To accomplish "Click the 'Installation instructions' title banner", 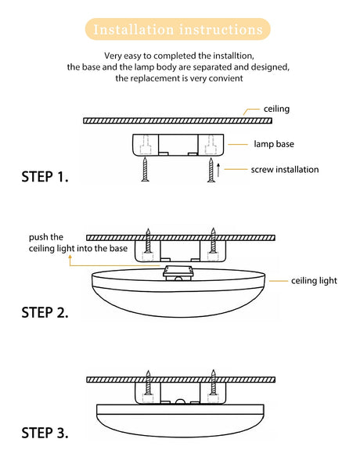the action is tap(178, 29).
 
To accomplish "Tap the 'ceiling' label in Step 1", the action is tap(276, 109).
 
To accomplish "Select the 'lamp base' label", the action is tap(274, 144).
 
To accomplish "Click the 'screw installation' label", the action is tap(285, 169).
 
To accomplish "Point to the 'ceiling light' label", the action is tap(314, 281).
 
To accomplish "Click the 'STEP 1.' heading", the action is tap(45, 177).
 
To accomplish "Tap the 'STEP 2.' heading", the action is tap(45, 312).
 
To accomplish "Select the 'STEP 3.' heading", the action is tap(45, 433).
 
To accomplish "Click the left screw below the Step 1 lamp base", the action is tap(145, 170).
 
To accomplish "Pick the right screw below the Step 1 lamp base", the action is tap(211, 171).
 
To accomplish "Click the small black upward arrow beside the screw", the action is tap(218, 171).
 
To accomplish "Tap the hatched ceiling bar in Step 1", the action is tap(178, 121).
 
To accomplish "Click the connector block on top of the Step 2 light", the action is tap(178, 273).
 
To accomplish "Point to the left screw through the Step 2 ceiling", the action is tap(148, 240).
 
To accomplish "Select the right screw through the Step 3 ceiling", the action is tap(214, 383).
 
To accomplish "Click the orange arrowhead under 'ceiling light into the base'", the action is tap(70, 257).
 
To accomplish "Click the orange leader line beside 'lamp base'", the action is tap(238, 144).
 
